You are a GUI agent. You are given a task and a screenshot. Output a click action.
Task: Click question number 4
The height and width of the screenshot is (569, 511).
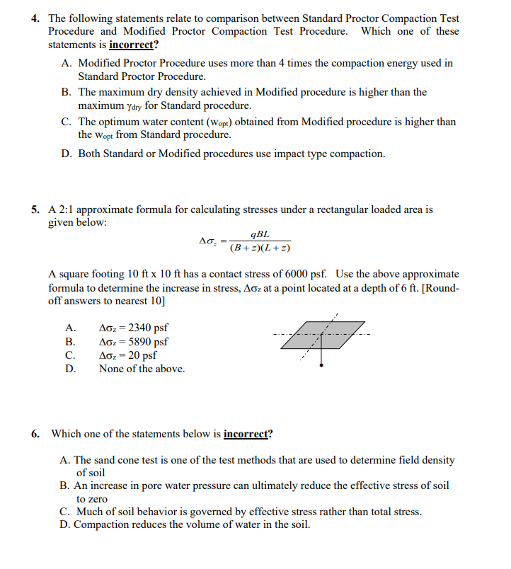35,18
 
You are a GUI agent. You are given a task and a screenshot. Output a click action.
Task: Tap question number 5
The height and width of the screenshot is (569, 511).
35,209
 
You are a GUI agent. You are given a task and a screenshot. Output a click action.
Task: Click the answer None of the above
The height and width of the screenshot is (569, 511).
142,369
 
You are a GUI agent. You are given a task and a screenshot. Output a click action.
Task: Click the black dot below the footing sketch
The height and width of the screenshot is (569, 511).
323,365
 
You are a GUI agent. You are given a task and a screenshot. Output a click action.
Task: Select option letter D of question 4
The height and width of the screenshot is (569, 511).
66,154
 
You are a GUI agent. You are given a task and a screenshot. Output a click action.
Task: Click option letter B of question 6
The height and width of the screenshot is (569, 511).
64,486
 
